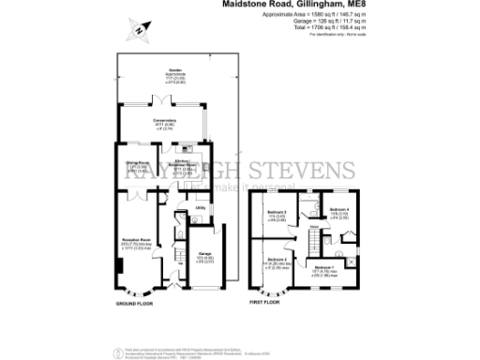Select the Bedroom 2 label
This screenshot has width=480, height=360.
pyautogui.click(x=276, y=259)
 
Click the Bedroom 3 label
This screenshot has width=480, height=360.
pyautogui.click(x=275, y=213)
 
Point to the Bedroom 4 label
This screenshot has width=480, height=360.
pyautogui.click(x=338, y=209)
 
